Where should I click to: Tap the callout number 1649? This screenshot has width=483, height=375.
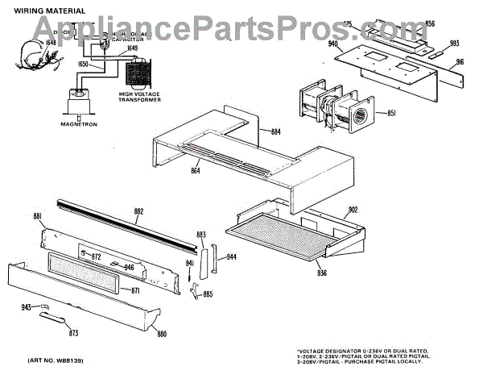coord(132,47)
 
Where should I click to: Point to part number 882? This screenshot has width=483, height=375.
coord(138,211)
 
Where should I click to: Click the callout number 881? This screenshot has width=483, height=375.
coord(37,215)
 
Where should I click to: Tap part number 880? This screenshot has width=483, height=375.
coord(161,334)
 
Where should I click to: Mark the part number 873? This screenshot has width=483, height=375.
coord(73,332)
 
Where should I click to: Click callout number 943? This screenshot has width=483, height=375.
coord(26,307)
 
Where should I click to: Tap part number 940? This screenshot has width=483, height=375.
coord(332,45)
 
